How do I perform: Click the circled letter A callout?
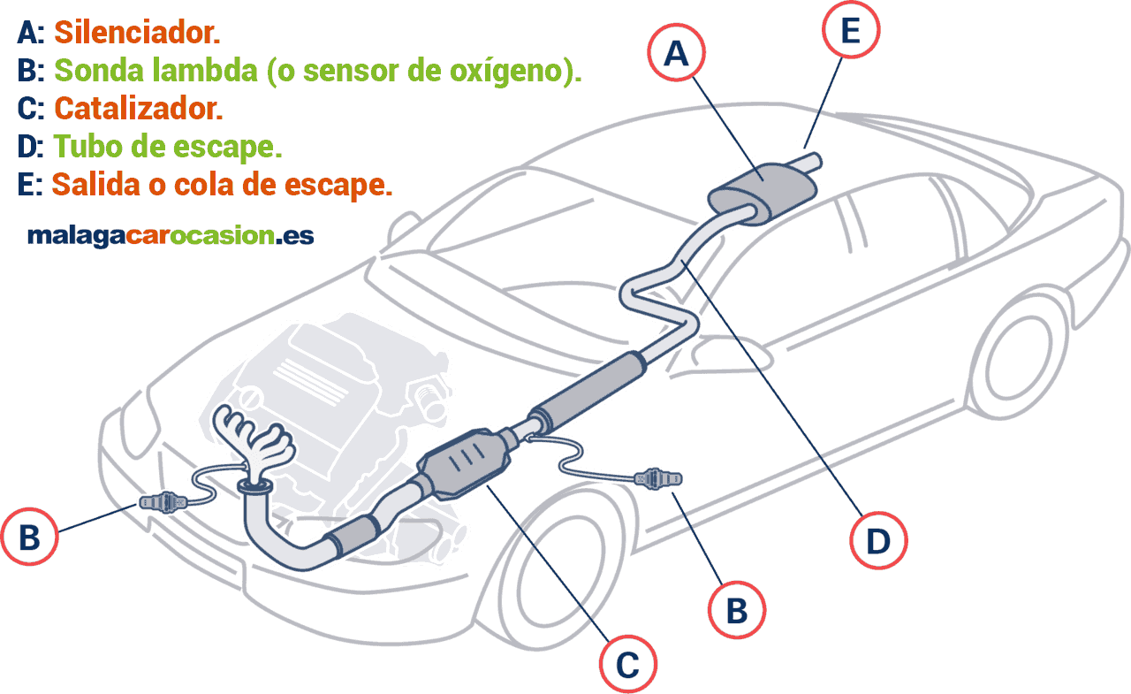(x=677, y=55)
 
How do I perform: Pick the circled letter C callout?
(x=627, y=664)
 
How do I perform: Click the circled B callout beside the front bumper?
(x=29, y=536)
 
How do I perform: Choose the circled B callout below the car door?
(x=737, y=609)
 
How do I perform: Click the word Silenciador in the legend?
(x=137, y=34)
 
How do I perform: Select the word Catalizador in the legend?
(x=138, y=109)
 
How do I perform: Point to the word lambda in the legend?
(x=211, y=71)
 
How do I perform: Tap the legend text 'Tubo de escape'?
(x=168, y=146)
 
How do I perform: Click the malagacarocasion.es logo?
(x=171, y=235)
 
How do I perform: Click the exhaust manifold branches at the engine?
(x=256, y=438)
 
